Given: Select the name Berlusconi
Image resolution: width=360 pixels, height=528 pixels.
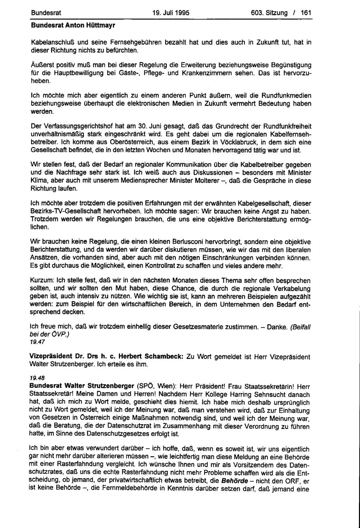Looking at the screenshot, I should pyautogui.click(x=188, y=242).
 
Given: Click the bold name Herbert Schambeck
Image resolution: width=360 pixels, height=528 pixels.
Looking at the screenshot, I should pyautogui.click(x=150, y=357).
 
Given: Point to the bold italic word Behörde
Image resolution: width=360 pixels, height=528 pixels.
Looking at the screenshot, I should pyautogui.click(x=234, y=481).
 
